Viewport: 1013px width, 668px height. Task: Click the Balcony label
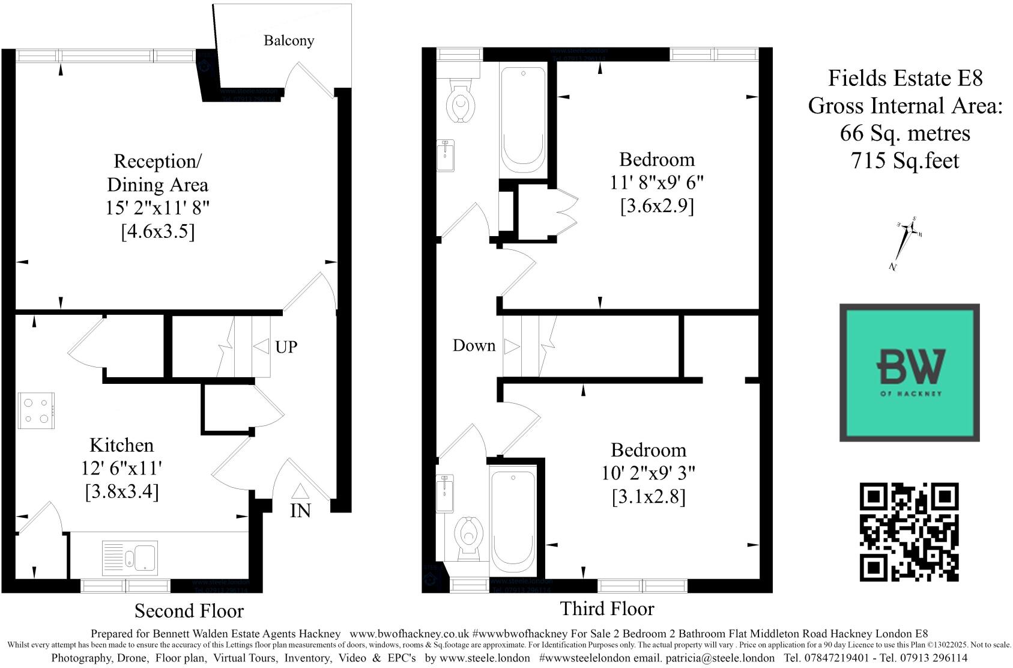289,41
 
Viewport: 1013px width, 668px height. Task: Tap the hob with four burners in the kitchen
37,410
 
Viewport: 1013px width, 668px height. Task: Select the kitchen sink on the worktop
130,556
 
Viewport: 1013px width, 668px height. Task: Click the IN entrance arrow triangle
300,492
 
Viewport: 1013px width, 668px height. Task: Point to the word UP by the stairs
286,347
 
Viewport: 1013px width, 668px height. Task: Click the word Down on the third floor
474,345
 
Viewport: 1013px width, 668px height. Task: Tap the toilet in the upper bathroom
461,104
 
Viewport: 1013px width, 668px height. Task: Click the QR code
909,532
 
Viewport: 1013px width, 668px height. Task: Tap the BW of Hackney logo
909,372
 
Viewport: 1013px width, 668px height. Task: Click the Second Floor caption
189,611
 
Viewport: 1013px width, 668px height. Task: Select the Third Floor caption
607,609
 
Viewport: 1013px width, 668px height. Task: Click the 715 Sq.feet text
905,160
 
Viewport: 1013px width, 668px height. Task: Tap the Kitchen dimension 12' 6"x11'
122,469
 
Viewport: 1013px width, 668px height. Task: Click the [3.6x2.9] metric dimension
657,206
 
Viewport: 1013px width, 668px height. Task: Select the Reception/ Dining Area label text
157,173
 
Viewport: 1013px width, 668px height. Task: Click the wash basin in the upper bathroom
445,155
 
